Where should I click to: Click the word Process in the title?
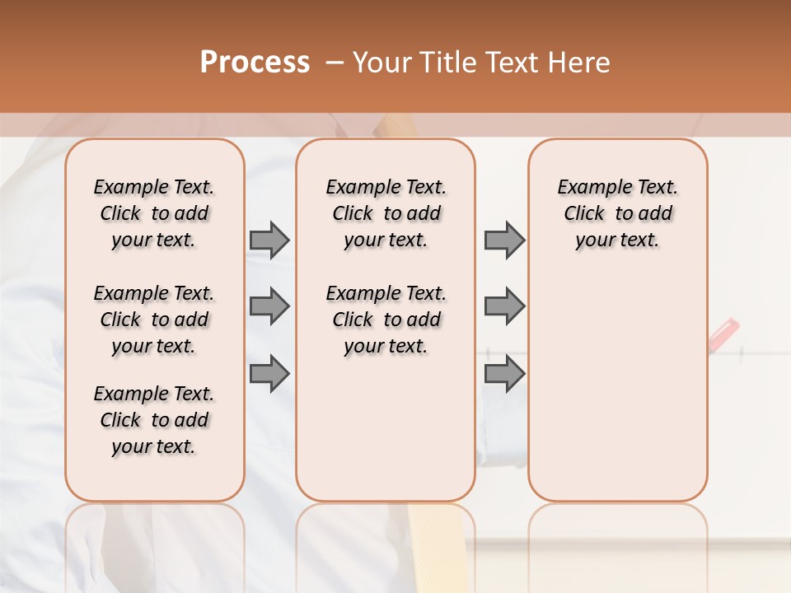(x=255, y=62)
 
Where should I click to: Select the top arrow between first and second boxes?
(x=269, y=240)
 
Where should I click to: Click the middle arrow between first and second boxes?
(x=269, y=306)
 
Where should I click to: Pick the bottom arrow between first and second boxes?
(x=269, y=373)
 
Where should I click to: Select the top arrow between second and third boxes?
(x=504, y=240)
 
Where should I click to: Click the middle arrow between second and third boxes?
(x=504, y=306)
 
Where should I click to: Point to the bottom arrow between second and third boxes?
(x=504, y=373)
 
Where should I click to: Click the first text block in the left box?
(x=154, y=213)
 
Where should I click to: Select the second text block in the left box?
(x=154, y=320)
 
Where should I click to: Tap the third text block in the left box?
(x=154, y=420)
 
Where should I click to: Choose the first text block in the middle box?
(x=386, y=213)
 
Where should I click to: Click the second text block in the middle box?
(x=386, y=320)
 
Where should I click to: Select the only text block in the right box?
(x=617, y=213)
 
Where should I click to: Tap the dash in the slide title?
(x=335, y=63)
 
